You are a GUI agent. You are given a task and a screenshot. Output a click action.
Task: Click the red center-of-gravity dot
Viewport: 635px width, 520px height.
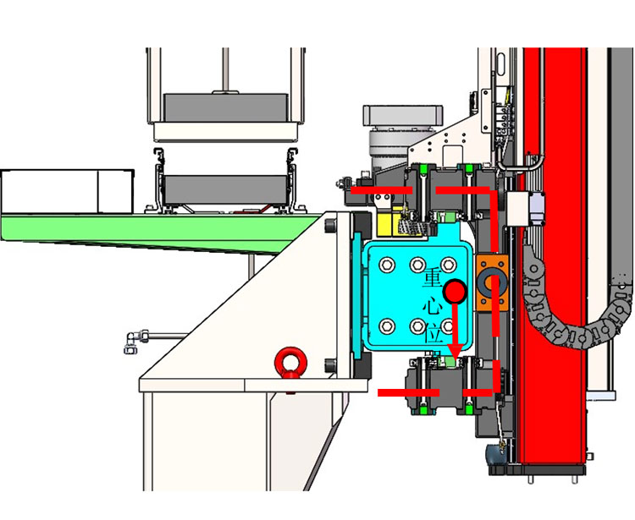click(455, 291)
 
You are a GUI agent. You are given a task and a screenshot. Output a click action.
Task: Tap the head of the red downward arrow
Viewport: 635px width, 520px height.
click(457, 352)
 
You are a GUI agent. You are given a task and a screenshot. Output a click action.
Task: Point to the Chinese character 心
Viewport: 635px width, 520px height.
click(433, 306)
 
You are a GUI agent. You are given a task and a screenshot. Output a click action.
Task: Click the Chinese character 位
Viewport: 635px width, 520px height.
click(433, 334)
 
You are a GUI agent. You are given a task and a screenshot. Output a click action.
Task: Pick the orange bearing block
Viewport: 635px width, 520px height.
click(492, 282)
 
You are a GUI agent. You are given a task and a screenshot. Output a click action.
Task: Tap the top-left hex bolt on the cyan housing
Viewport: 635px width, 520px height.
click(387, 265)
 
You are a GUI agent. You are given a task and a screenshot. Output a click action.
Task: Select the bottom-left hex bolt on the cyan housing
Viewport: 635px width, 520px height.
click(387, 326)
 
